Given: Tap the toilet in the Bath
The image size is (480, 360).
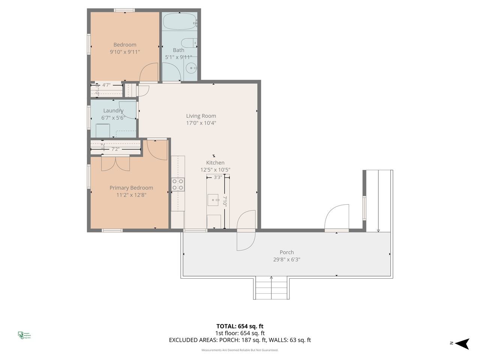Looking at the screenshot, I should tap(189, 42).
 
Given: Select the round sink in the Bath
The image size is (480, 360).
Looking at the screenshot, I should tap(192, 68).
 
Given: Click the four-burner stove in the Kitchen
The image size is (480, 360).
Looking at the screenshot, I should tap(178, 184).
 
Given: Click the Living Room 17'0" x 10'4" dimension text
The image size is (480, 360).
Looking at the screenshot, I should tap(201, 123).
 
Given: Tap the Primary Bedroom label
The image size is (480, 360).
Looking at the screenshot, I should tap(131, 188).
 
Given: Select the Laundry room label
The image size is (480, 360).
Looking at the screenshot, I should tap(113, 111).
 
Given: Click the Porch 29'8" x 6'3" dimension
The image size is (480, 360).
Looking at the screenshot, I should tap(286, 259).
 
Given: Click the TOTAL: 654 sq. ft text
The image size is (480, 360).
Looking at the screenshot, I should tap(240, 326).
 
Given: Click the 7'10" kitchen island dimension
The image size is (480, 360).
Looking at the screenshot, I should tap(225, 202).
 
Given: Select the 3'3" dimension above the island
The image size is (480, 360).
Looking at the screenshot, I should tap(217, 177).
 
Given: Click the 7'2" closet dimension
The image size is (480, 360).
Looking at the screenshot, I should tap(115, 149).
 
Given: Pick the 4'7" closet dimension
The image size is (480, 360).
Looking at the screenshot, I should tap(106, 85).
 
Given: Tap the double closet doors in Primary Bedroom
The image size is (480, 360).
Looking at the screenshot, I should tap(115, 163).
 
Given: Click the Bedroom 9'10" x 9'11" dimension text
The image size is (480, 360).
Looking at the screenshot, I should tap(125, 52).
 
